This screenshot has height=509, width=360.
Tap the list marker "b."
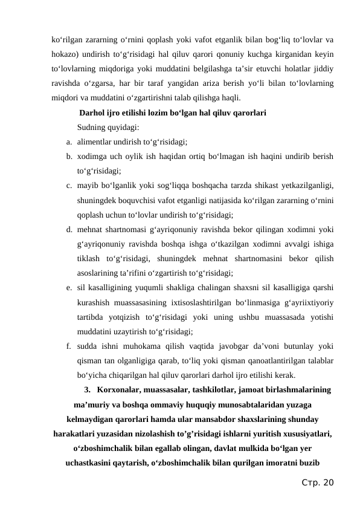[x=71, y=156]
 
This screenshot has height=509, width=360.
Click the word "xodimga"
[x=92, y=156]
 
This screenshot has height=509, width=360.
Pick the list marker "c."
[x=71, y=186]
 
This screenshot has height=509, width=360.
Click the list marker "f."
[x=71, y=346]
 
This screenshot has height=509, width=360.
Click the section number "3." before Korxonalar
[x=88, y=390]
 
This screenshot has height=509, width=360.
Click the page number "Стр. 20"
[x=318, y=482]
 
